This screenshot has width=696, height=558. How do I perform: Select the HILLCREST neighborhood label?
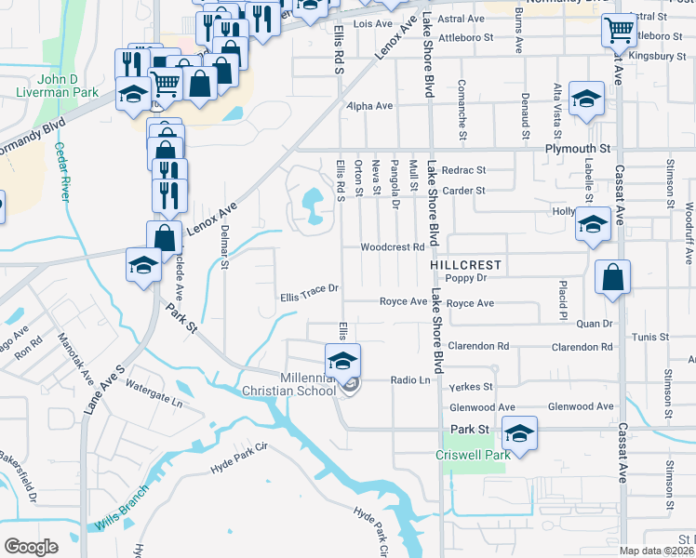pos(466,265)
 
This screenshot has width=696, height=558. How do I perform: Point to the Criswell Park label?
pos(474,456)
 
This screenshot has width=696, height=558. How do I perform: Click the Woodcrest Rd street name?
pos(393,247)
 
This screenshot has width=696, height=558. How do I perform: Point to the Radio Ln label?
pos(410,379)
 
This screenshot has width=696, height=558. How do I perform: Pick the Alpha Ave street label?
pos(369,106)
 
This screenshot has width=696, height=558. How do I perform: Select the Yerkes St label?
pos(469,386)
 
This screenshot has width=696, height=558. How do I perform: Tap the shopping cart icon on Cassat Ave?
pos(618,32)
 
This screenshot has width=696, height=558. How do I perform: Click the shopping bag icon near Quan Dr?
pos(612,277)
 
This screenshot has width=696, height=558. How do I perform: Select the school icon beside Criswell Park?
pos(520,433)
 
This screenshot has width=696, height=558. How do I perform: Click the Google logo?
pos(31,547)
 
